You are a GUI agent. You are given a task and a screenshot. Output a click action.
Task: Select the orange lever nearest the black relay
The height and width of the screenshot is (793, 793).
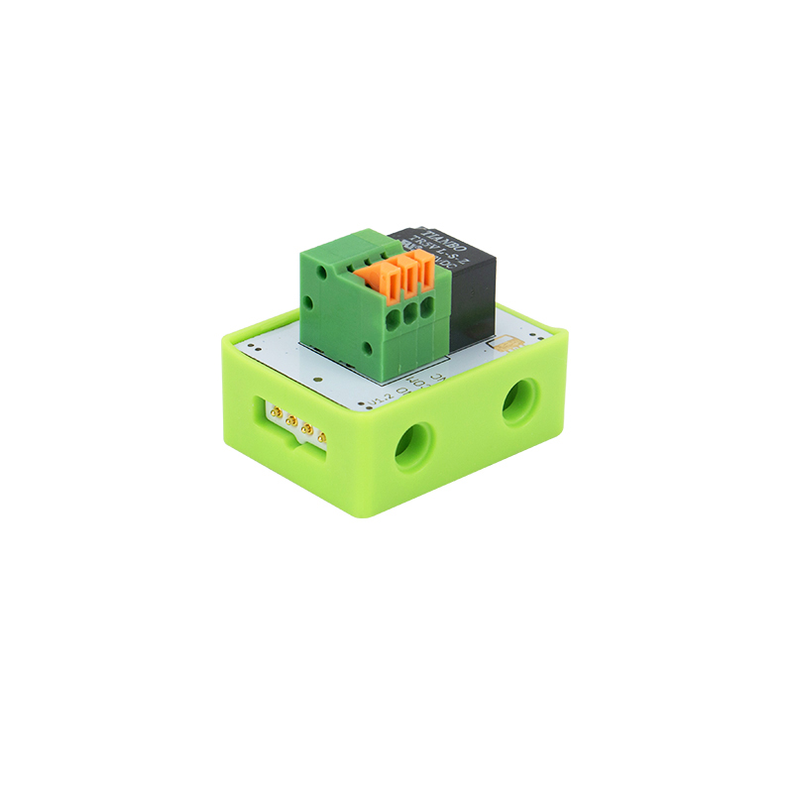[x=425, y=266]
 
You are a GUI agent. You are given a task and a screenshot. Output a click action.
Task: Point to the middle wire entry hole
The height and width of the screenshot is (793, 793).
[x=409, y=314]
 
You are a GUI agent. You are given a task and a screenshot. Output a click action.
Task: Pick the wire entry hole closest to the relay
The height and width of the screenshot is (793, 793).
[x=426, y=308]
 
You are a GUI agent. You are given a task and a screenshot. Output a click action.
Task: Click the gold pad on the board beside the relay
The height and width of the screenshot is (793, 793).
[x=508, y=344]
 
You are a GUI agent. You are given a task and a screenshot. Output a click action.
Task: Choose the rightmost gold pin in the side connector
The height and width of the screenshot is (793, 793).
[x=322, y=436]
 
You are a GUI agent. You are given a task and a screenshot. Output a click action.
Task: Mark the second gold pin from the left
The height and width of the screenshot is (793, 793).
[x=292, y=418]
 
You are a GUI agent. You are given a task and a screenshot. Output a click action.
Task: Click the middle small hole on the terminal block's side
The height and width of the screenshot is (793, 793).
[x=311, y=299]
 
